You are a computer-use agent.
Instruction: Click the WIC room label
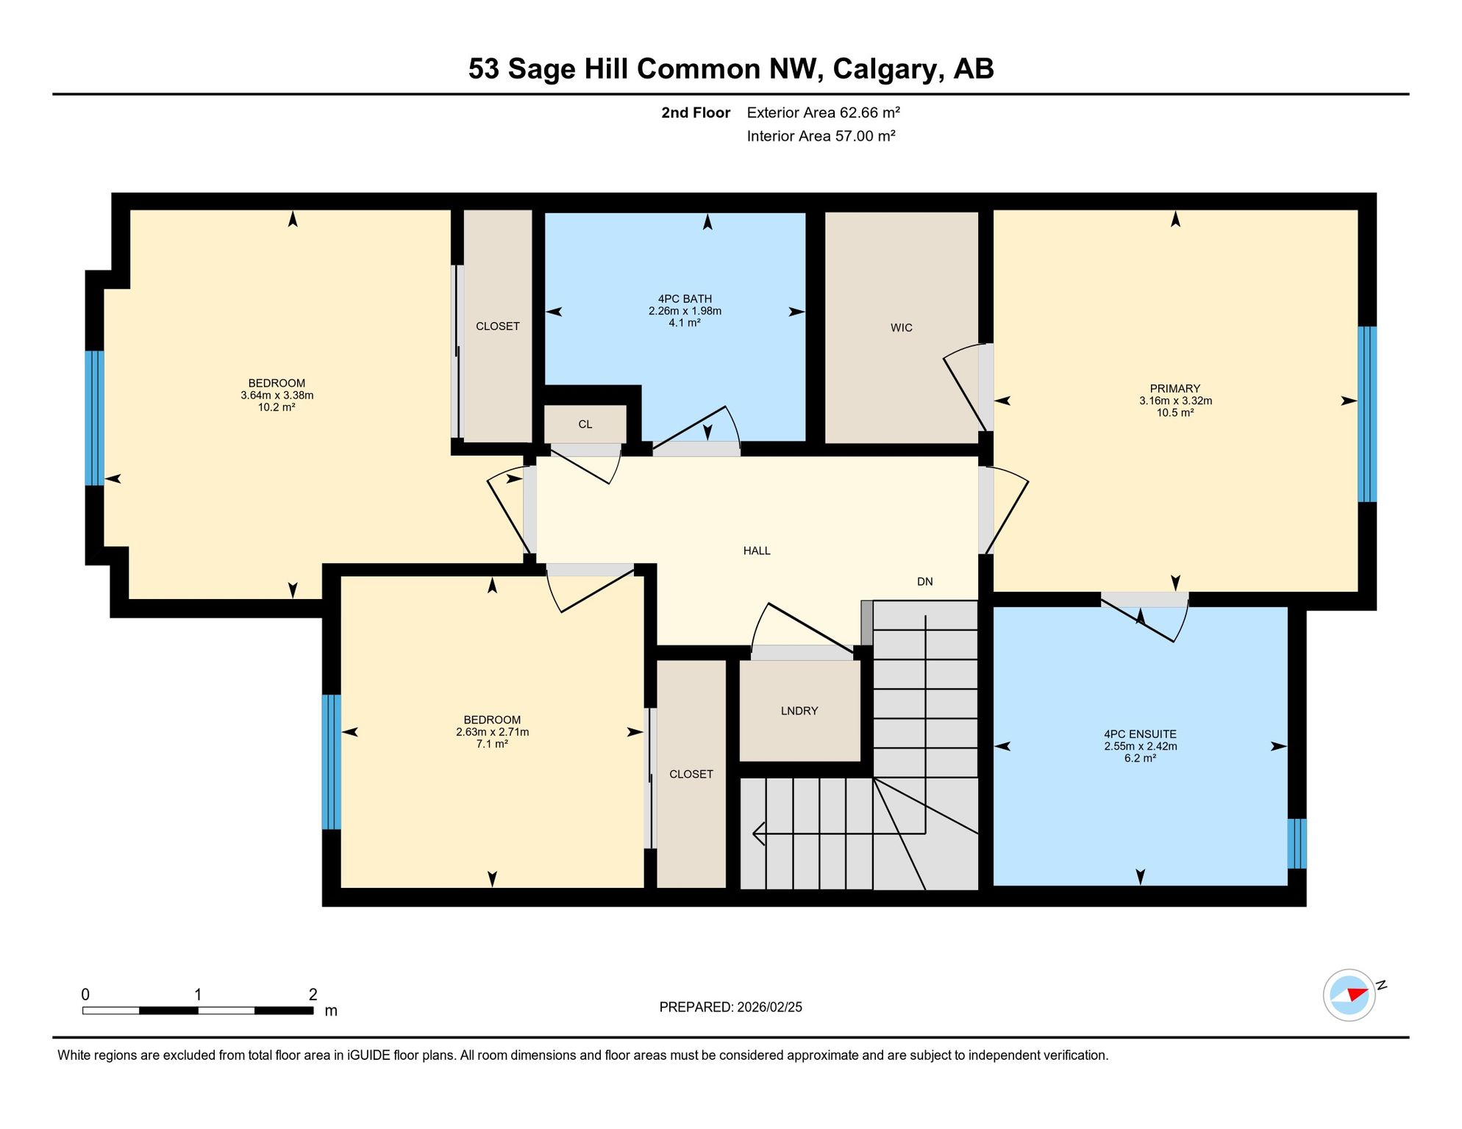901,328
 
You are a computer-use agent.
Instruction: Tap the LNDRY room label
799,711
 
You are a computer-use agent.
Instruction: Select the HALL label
757,551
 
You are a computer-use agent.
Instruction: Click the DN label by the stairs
924,581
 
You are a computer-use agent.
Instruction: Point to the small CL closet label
585,424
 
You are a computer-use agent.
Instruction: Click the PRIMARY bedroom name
1174,389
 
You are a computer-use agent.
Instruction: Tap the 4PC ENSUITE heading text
1140,734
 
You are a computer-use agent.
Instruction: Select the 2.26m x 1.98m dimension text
685,311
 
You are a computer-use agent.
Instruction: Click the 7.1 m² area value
492,744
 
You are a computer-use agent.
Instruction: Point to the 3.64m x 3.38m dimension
277,395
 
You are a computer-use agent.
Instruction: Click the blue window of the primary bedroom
1366,415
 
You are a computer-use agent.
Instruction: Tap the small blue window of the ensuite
1297,844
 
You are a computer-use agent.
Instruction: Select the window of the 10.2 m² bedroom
94,418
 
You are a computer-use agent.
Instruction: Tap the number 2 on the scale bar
313,994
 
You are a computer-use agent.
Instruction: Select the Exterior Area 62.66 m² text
823,112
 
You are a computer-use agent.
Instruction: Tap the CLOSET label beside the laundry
691,774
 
